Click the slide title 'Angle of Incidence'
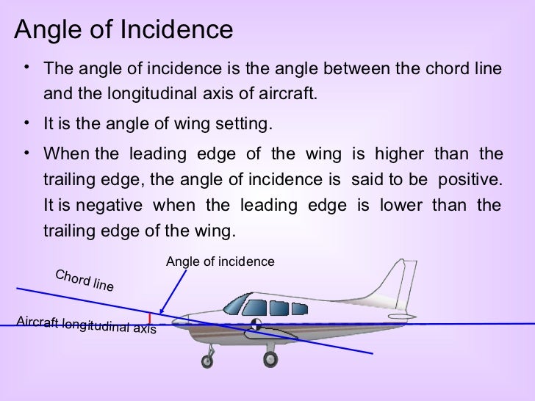click(123, 30)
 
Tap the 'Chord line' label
click(85, 281)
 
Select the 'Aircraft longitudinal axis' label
click(86, 324)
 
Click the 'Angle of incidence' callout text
click(220, 261)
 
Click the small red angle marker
click(151, 318)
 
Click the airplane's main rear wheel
click(270, 359)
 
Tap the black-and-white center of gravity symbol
click(255, 323)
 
